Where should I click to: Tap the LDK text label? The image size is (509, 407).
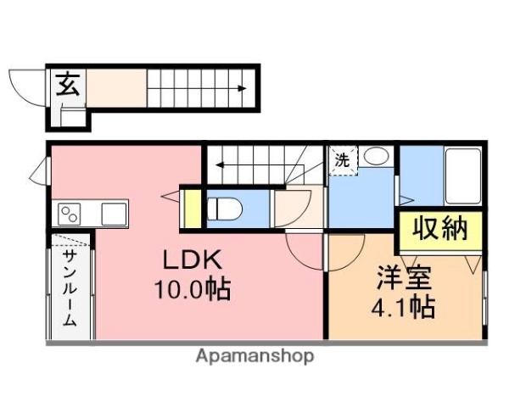(187, 259)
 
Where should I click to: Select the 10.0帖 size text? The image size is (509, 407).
(193, 291)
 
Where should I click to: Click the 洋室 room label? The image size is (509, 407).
(406, 277)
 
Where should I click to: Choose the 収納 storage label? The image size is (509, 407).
(440, 230)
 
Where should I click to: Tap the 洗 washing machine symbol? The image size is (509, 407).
(342, 159)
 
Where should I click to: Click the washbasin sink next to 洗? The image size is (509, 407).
(376, 158)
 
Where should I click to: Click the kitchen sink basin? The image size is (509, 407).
(113, 214)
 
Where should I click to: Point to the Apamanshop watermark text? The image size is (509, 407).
(255, 356)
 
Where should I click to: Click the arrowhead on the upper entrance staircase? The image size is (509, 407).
(243, 88)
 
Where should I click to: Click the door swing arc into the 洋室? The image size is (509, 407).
(304, 252)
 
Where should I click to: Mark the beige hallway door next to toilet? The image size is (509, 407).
(294, 209)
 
